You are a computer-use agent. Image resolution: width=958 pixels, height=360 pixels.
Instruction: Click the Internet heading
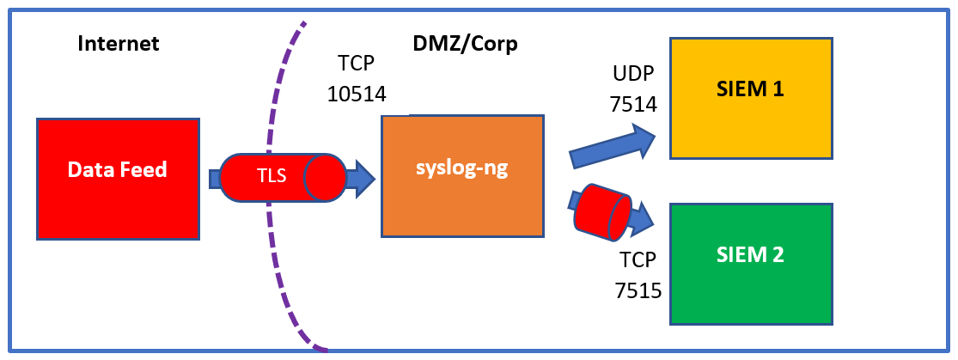tap(119, 44)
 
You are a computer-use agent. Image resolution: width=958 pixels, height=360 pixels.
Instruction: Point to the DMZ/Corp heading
tap(466, 44)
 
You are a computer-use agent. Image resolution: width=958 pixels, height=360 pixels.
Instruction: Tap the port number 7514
tap(633, 105)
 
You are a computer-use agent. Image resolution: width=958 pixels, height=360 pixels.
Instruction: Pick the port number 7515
tap(638, 290)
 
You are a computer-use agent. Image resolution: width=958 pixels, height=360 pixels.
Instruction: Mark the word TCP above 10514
tap(357, 64)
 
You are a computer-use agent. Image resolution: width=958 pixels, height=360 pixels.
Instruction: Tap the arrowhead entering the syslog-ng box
tap(363, 178)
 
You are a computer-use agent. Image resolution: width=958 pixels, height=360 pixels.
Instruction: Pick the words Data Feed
tap(117, 169)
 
